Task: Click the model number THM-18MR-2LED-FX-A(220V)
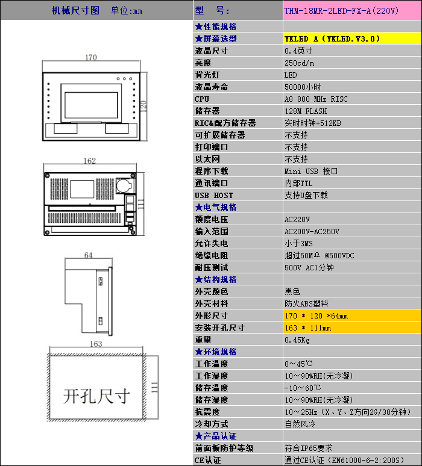point(341,11)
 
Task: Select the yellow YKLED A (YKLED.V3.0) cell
point(352,39)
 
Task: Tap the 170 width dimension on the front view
point(91,57)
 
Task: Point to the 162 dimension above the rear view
point(90,161)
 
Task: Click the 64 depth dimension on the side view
point(89,255)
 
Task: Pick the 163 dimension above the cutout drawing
point(96,344)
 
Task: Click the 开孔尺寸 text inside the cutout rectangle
point(96,396)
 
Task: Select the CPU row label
point(202,99)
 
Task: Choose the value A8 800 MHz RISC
point(316,99)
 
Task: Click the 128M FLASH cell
point(306,111)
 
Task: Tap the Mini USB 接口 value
point(311,171)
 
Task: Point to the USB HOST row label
point(213,195)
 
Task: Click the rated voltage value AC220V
point(297,219)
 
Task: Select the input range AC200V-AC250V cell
point(312,232)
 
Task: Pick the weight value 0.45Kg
point(297,340)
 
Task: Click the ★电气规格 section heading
point(216,207)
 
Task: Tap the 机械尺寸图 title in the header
point(75,11)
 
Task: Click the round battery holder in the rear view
point(124,185)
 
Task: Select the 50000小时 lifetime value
point(303,87)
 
